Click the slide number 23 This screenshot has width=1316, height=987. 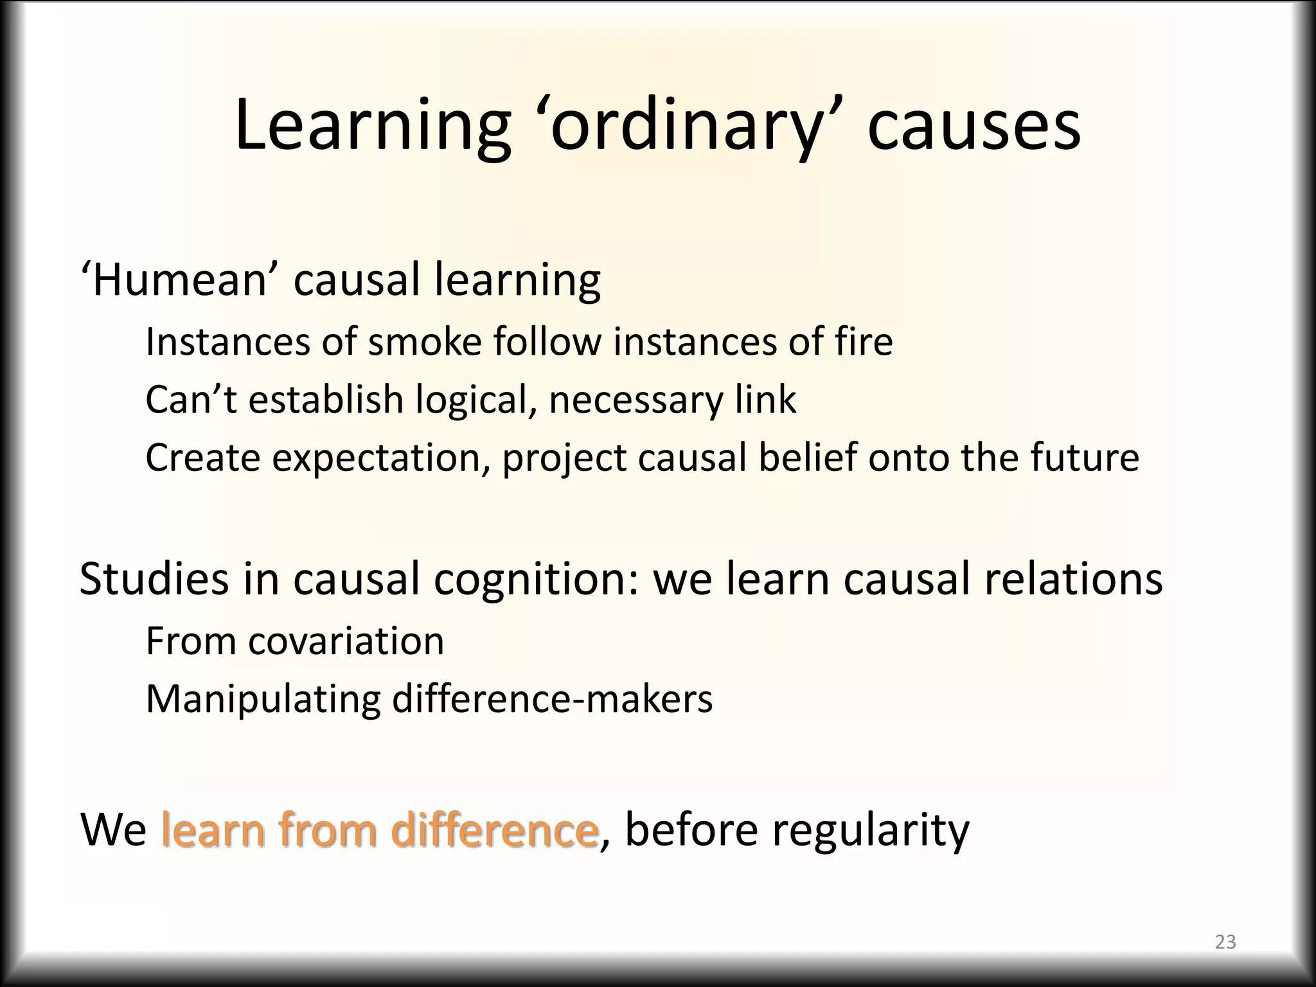tap(1225, 942)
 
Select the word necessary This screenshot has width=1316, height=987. tap(636, 400)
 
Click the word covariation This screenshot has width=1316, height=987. tap(346, 641)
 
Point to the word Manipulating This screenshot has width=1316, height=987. tap(263, 699)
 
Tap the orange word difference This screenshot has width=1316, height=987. tap(495, 830)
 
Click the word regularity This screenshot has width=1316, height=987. tap(870, 830)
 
